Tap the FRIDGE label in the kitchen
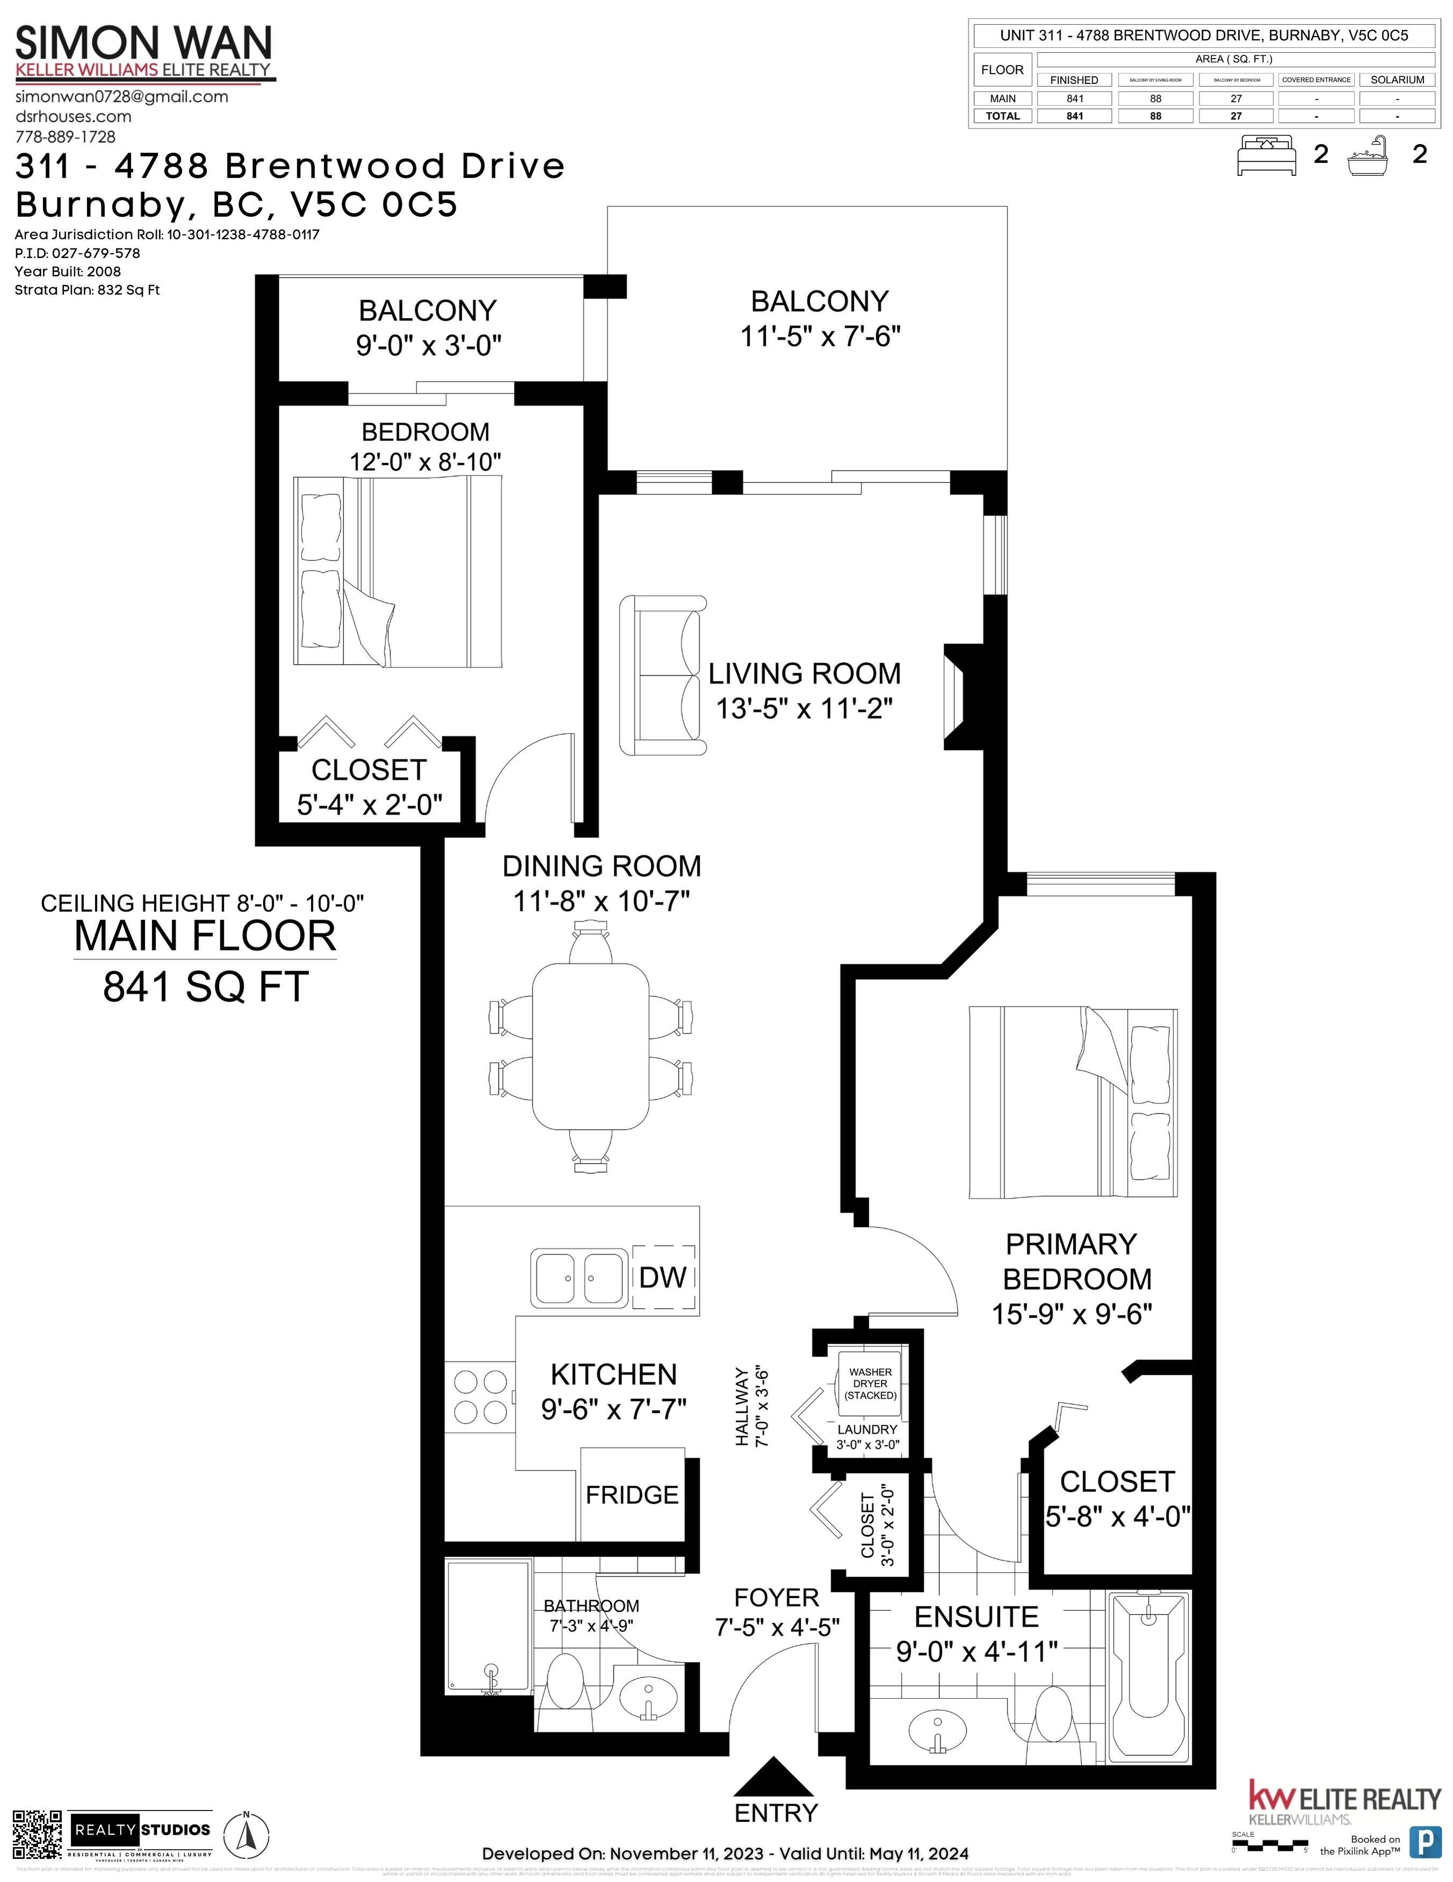tap(631, 1495)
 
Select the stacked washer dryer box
tap(870, 1383)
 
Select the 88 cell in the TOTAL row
tap(1155, 116)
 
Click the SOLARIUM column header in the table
tap(1396, 79)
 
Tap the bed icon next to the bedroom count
tap(1265, 154)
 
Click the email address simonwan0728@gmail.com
tap(121, 96)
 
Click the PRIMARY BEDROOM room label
tap(1073, 1261)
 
